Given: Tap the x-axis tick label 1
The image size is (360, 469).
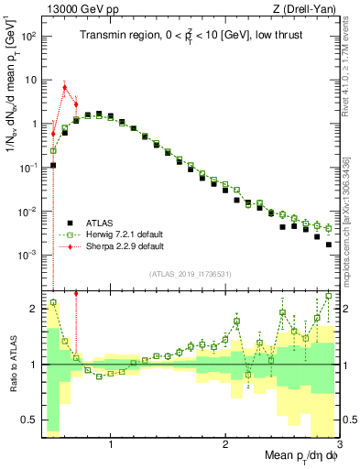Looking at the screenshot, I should pos(111,445).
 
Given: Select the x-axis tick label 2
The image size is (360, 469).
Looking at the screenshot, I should pos(225,445).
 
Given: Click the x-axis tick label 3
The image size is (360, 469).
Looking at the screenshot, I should pos(338,445).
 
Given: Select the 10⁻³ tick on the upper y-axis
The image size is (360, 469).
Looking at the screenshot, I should pos(28,255).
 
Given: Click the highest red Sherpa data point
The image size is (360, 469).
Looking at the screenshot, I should pos(64,88).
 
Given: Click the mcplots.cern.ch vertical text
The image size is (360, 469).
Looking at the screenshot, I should pos(349,220).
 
